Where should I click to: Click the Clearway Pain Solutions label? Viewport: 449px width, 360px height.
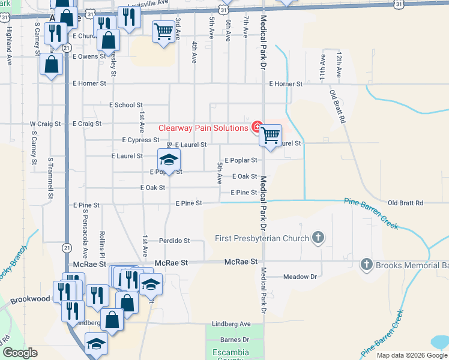coord(203,128)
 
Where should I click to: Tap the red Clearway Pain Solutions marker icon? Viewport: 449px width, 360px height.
coord(257,127)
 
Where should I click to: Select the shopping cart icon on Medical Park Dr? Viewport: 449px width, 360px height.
coord(271,136)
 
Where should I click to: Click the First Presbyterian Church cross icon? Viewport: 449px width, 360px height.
coord(318,238)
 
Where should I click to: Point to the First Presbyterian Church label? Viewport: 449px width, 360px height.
coord(262,238)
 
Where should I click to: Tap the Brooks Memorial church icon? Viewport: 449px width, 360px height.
coord(366,264)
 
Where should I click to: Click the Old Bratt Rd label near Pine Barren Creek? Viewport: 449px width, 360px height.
coord(405,203)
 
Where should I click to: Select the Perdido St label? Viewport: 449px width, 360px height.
coord(174,241)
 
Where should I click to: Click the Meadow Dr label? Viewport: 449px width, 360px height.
coord(300,277)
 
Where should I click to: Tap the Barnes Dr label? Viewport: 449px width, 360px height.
coord(235,340)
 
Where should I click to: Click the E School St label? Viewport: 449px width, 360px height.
coord(125,105)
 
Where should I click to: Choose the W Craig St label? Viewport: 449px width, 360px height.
coord(46,124)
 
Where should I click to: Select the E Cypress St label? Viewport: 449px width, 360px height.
coord(140,140)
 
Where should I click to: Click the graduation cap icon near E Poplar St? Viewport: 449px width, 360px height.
coord(169,160)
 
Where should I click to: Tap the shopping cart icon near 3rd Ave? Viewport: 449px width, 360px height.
coord(163,32)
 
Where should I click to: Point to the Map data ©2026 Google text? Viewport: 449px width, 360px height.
coord(411,355)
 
